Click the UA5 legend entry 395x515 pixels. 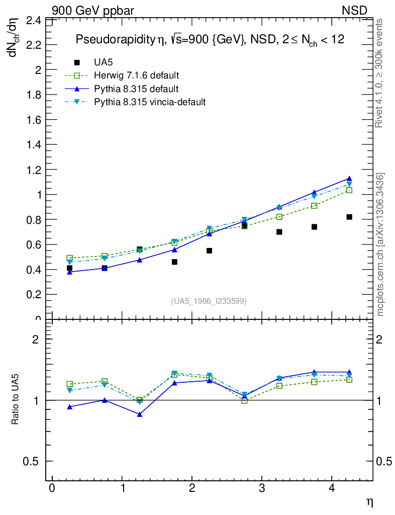pyautogui.click(x=104, y=62)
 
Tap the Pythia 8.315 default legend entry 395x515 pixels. pyautogui.click(x=136, y=89)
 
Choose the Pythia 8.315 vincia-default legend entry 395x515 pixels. pyautogui.click(x=150, y=102)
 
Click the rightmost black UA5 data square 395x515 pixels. pyautogui.click(x=349, y=217)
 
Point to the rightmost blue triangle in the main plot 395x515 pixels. pyautogui.click(x=349, y=179)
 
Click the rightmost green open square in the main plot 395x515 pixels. pyautogui.click(x=349, y=190)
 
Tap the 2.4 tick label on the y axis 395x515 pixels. pyautogui.click(x=34, y=21)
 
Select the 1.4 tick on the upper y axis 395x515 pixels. pyautogui.click(x=34, y=145)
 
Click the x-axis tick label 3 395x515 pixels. pyautogui.click(x=262, y=489)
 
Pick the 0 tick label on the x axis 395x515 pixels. pyautogui.click(x=52, y=489)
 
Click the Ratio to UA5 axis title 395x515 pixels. pyautogui.click(x=16, y=400)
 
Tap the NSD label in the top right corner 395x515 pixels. pyautogui.click(x=355, y=10)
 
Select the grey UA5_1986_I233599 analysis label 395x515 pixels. pyautogui.click(x=209, y=301)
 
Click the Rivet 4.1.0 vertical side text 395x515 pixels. pyautogui.click(x=379, y=73)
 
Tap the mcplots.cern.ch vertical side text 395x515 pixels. pyautogui.click(x=380, y=244)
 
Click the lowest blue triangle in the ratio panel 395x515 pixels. pyautogui.click(x=140, y=414)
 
